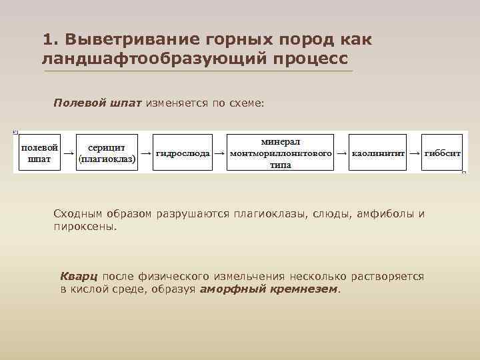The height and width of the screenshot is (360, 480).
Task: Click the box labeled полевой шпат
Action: (39, 153)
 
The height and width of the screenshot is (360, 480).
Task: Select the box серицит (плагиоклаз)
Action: (107, 153)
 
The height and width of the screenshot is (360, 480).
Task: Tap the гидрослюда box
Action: (182, 153)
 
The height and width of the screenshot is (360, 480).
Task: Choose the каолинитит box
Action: (378, 153)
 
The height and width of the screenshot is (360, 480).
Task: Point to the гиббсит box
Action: (442, 153)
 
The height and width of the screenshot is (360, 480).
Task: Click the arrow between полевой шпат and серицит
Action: (68, 153)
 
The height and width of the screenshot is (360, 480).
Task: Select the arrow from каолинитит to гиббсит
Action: (415, 153)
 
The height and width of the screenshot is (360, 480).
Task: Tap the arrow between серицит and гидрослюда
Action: (145, 153)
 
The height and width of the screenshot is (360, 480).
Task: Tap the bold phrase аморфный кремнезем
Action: (269, 289)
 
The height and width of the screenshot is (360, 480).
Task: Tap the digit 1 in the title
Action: (46, 39)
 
